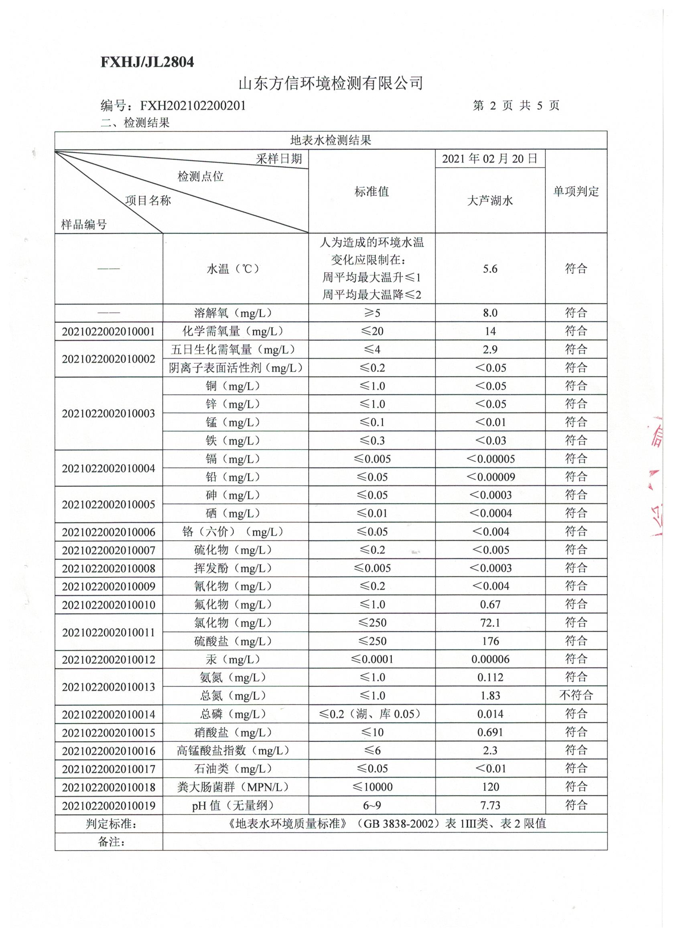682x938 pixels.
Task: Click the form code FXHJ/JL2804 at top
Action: (147, 62)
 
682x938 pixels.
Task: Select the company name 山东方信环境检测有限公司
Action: (331, 83)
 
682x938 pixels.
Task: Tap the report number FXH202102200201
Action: (193, 106)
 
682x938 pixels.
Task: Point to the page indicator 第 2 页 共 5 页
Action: (516, 106)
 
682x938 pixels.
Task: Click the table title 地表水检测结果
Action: (331, 140)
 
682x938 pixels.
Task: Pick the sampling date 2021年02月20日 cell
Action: (490, 159)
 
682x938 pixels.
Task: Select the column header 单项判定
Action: (576, 191)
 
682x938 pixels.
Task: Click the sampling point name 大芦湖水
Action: (490, 201)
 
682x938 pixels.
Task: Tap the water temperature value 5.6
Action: (490, 269)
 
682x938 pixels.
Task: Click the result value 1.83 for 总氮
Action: (490, 696)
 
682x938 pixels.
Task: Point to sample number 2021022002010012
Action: (108, 660)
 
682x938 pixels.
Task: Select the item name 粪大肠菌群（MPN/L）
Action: (233, 787)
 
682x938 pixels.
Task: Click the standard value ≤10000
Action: (372, 787)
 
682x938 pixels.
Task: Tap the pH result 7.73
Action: (490, 805)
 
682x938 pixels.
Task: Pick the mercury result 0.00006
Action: (490, 659)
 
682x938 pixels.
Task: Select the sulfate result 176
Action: (490, 641)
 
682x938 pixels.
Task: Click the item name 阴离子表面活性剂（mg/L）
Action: (236, 367)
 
